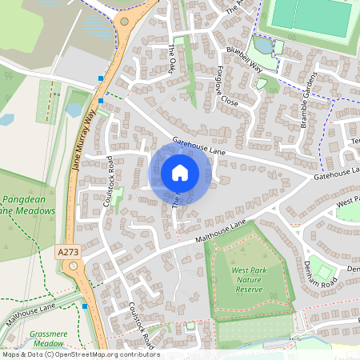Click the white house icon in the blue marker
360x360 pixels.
point(180,172)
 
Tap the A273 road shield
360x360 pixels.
point(69,252)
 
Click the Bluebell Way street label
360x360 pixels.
point(245,60)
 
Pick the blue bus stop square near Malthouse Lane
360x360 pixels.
point(85,306)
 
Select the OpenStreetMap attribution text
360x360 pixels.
point(80,354)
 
